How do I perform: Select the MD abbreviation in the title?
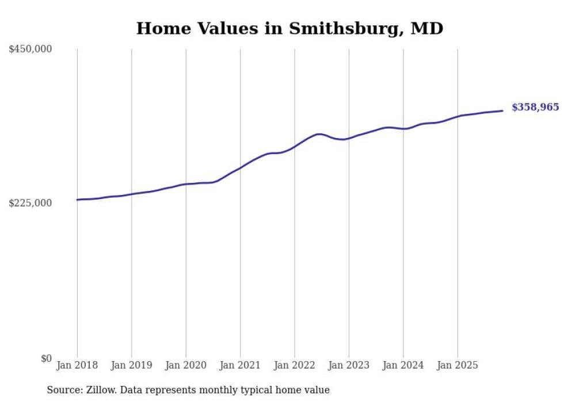426,28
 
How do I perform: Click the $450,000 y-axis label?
31,49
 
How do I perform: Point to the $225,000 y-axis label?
31,203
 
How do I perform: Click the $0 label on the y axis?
46,358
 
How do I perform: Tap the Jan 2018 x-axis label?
77,365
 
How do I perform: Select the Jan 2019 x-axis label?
131,365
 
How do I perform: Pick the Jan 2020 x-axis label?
185,365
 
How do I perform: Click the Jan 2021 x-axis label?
240,365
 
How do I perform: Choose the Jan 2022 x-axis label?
294,365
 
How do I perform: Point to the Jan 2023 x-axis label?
349,365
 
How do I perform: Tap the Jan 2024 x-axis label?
403,365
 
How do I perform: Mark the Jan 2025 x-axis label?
458,365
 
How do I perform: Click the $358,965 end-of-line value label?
535,107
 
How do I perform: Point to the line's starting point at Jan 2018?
78,200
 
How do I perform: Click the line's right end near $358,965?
502,111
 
